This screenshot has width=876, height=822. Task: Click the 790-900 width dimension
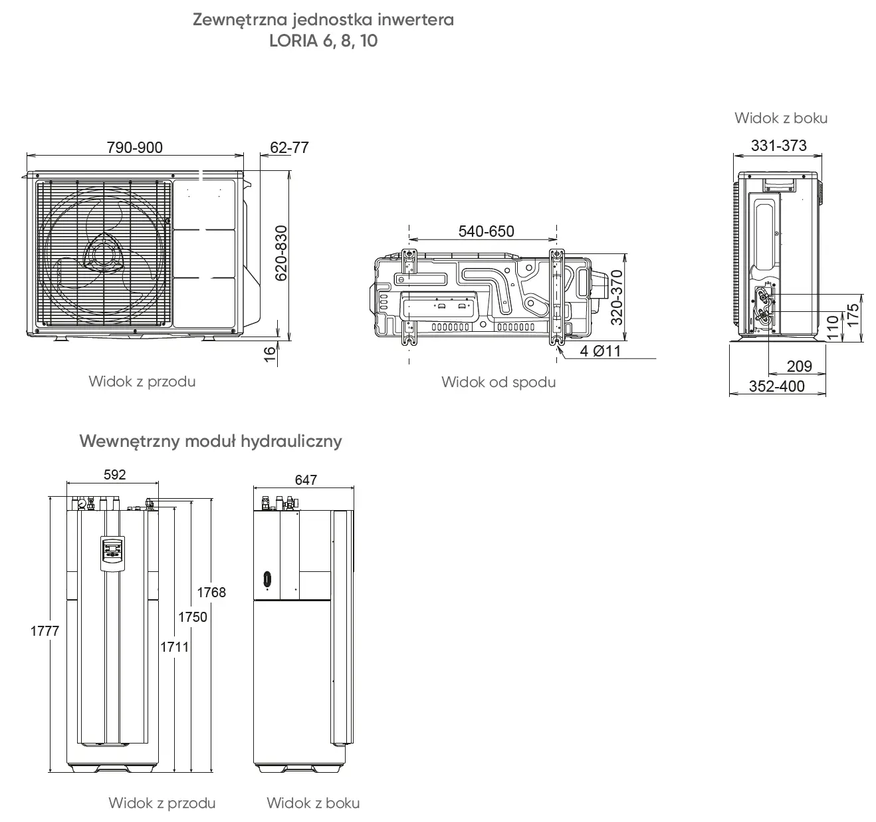click(x=134, y=148)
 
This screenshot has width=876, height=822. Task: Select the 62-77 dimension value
click(x=289, y=148)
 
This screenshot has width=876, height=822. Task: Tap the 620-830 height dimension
click(x=281, y=253)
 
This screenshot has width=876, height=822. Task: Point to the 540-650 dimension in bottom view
click(x=486, y=231)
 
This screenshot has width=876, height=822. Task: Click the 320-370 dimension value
click(x=617, y=297)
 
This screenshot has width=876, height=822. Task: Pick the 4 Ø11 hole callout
click(x=600, y=351)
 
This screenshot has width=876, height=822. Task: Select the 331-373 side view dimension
click(x=778, y=146)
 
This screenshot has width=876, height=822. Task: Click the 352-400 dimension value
click(x=776, y=386)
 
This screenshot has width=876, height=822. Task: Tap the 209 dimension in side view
click(x=799, y=366)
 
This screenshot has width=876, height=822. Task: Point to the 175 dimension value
click(x=853, y=315)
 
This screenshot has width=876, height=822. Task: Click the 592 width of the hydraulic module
click(x=114, y=474)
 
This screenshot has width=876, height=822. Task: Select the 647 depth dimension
click(x=306, y=479)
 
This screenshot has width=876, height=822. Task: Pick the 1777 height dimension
click(x=45, y=630)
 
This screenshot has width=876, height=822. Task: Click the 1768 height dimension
click(x=211, y=592)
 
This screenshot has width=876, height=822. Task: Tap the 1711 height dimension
click(x=175, y=646)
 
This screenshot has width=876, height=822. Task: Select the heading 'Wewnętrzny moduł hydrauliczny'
click(x=210, y=441)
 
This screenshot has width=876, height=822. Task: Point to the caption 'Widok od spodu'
click(x=498, y=382)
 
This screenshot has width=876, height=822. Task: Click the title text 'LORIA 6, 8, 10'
click(x=323, y=41)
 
